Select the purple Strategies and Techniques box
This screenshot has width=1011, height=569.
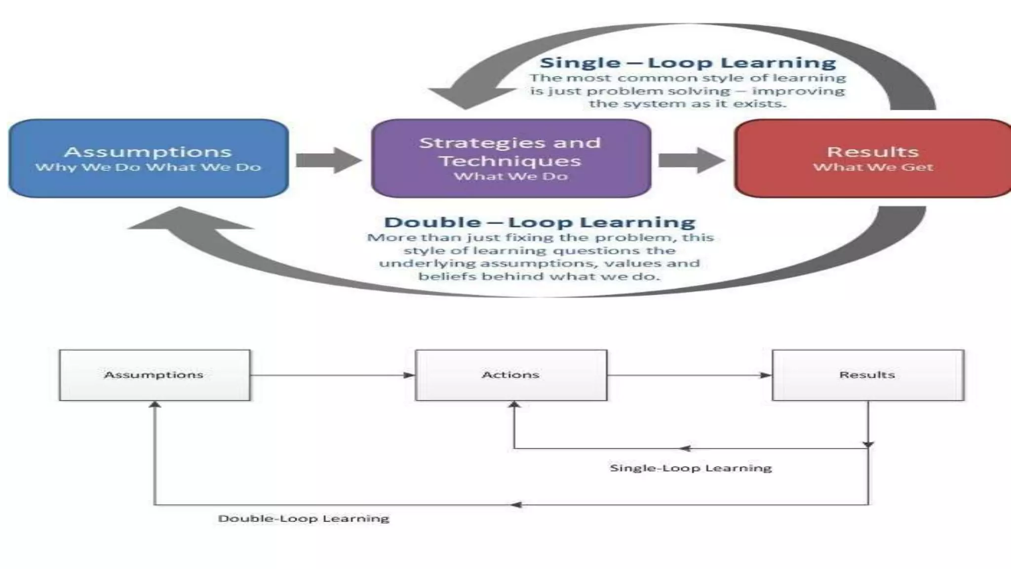coord(511,158)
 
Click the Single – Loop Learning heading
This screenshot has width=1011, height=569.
coord(688,63)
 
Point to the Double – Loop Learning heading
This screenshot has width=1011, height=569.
coord(540,222)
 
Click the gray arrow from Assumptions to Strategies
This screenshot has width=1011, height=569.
coord(329,160)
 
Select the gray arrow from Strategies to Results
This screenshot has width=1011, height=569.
coord(692,160)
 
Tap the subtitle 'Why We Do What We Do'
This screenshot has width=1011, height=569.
coord(148,167)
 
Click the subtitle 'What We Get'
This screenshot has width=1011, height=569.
coord(873,167)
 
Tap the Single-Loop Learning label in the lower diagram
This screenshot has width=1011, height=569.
coord(691,468)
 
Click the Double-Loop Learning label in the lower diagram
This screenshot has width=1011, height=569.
coord(304,518)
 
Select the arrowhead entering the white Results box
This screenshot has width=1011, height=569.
coord(766,375)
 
